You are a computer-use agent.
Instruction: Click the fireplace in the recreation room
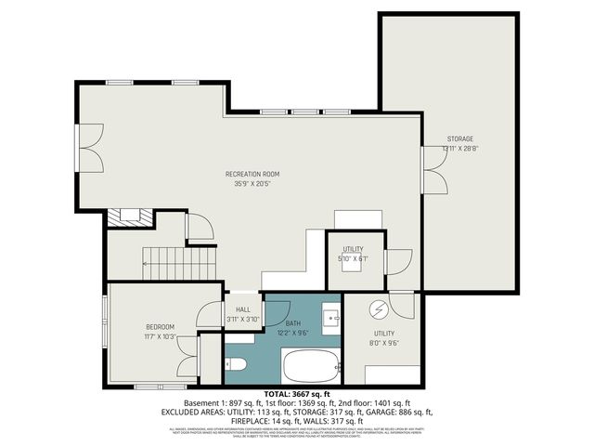pyautogui.click(x=123, y=217)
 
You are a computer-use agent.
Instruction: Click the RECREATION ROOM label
pyautogui.click(x=252, y=174)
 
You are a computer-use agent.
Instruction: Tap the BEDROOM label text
pyautogui.click(x=161, y=327)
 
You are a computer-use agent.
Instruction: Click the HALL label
pyautogui.click(x=243, y=309)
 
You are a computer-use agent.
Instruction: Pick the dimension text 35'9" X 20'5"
pyautogui.click(x=252, y=183)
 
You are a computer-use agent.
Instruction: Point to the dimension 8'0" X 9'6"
pyautogui.click(x=384, y=342)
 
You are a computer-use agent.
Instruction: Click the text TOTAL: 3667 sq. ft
pyautogui.click(x=297, y=394)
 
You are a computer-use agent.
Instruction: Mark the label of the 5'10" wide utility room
pyautogui.click(x=351, y=249)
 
